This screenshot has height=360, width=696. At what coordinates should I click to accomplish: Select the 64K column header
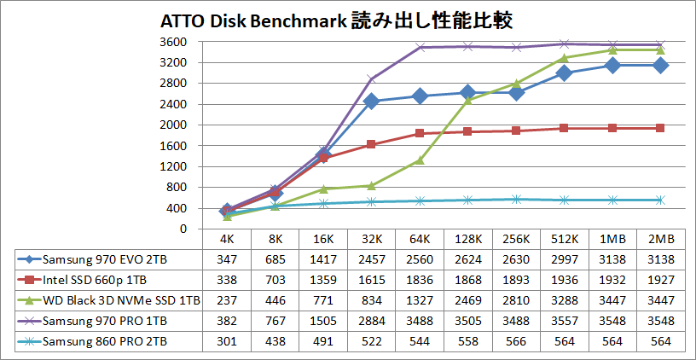[x=420, y=239]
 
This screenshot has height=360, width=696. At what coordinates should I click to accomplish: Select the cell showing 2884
[x=371, y=321]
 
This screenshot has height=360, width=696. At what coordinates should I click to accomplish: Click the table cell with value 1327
[x=420, y=300]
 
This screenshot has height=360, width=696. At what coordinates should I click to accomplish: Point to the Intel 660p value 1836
[x=420, y=279]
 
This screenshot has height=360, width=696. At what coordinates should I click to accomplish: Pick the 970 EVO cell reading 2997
[x=564, y=258]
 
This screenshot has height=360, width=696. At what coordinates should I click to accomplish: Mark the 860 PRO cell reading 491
[x=323, y=341]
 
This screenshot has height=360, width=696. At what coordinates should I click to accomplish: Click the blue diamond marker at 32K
[x=371, y=102]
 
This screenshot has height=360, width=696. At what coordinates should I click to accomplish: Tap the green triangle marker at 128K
[x=467, y=101]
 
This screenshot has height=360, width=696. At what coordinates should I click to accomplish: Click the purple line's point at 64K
[x=420, y=48]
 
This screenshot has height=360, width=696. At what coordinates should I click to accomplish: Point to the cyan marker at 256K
[x=515, y=200]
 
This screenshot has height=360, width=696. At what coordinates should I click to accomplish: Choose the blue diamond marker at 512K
[x=564, y=73]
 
